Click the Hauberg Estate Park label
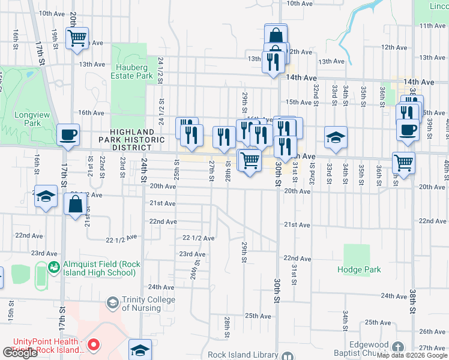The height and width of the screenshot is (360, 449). (x=131, y=72)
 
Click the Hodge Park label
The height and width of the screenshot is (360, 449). (x=359, y=269)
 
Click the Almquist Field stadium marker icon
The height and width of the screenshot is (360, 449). (x=55, y=266)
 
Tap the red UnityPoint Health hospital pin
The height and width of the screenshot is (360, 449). (x=94, y=345)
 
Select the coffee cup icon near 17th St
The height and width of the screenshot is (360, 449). (x=68, y=134)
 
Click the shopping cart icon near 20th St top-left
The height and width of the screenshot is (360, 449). (x=77, y=38)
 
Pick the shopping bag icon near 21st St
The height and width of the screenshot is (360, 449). (x=76, y=206)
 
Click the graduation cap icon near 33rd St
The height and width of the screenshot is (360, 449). (x=336, y=137)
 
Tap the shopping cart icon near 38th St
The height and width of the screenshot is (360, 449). (x=404, y=162)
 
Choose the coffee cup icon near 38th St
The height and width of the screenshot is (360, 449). (x=408, y=130)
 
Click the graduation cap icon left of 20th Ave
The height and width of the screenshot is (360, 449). (x=46, y=197)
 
